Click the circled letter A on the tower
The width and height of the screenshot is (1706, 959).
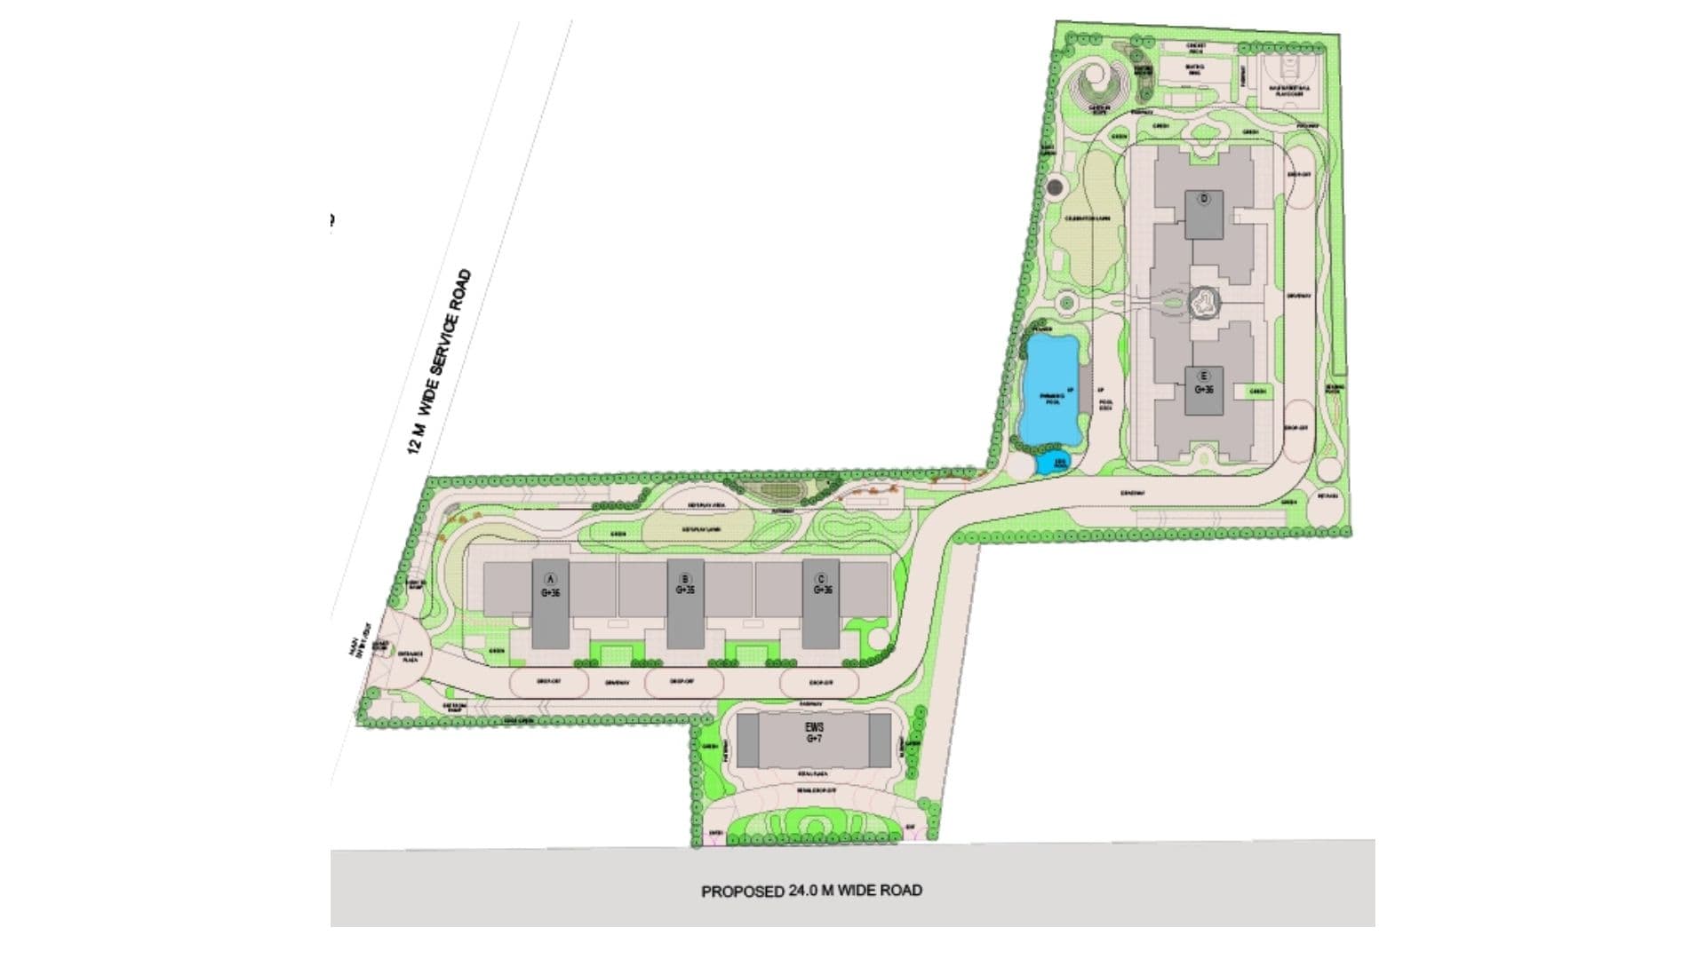point(549,579)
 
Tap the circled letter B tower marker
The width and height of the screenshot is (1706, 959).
point(685,579)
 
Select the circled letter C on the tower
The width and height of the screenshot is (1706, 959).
point(821,579)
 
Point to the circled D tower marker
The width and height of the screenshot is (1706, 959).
point(1205,199)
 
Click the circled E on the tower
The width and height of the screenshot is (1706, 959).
point(1205,376)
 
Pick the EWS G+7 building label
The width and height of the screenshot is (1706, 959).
point(814,733)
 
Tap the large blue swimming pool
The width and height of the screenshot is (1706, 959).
point(1051,391)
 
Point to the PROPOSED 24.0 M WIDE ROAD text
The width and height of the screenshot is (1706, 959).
point(811,890)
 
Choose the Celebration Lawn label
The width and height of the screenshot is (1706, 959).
point(1088,218)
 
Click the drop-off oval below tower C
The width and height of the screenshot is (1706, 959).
point(819,683)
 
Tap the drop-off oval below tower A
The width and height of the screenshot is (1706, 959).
point(549,683)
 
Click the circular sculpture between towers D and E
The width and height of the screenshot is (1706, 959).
point(1203,305)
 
